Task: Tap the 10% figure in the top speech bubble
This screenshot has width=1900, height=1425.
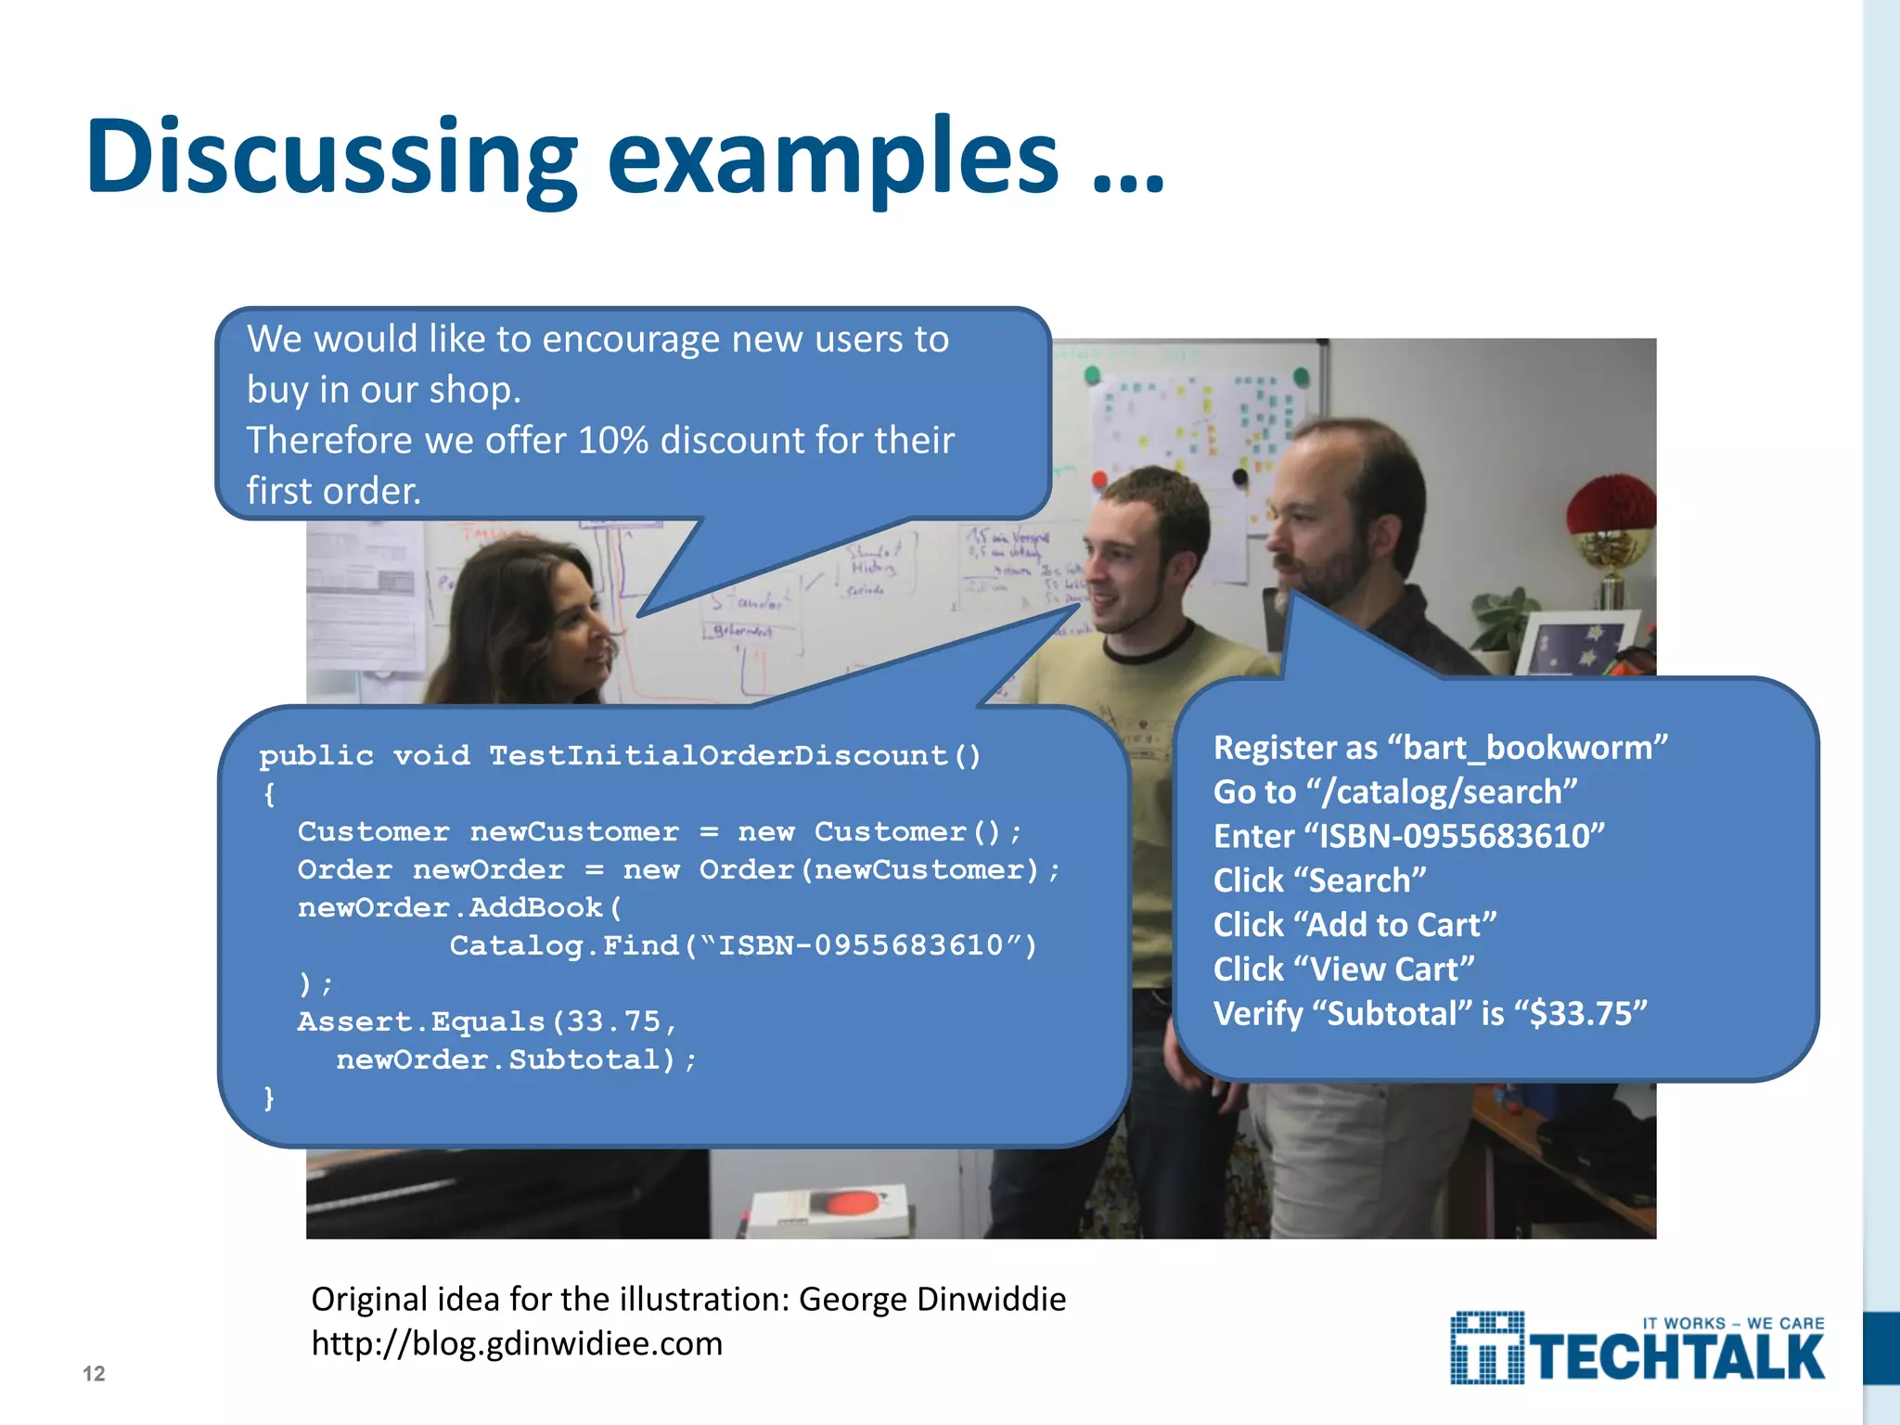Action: click(612, 440)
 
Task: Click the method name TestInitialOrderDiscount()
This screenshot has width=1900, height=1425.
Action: click(734, 755)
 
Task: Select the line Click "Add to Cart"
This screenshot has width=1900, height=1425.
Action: click(1354, 924)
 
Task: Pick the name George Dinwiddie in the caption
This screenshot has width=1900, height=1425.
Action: click(931, 1299)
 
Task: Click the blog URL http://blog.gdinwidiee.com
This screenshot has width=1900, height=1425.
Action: click(516, 1343)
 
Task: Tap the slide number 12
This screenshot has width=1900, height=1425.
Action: click(94, 1373)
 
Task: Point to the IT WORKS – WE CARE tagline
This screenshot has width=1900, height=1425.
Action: click(1733, 1323)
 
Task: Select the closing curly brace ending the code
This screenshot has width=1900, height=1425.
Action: click(269, 1098)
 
